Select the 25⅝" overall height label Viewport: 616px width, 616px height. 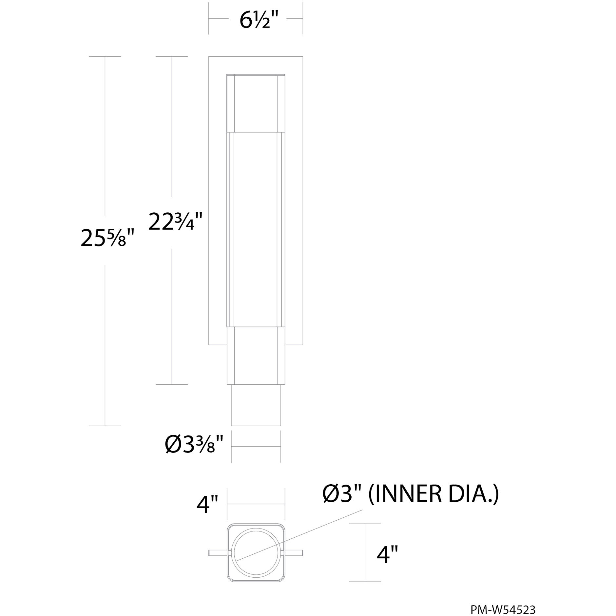(107, 239)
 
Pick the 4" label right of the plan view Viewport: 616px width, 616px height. (387, 555)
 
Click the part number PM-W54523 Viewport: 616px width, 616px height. (503, 601)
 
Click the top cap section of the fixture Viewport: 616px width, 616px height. (256, 103)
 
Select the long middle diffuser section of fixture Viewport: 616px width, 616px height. (256, 229)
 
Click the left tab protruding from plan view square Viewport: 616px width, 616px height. (217, 553)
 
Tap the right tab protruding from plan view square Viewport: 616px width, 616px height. (294, 553)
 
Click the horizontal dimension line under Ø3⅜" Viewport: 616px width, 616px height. (256, 446)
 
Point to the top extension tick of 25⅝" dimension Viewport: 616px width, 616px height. (105, 56)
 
